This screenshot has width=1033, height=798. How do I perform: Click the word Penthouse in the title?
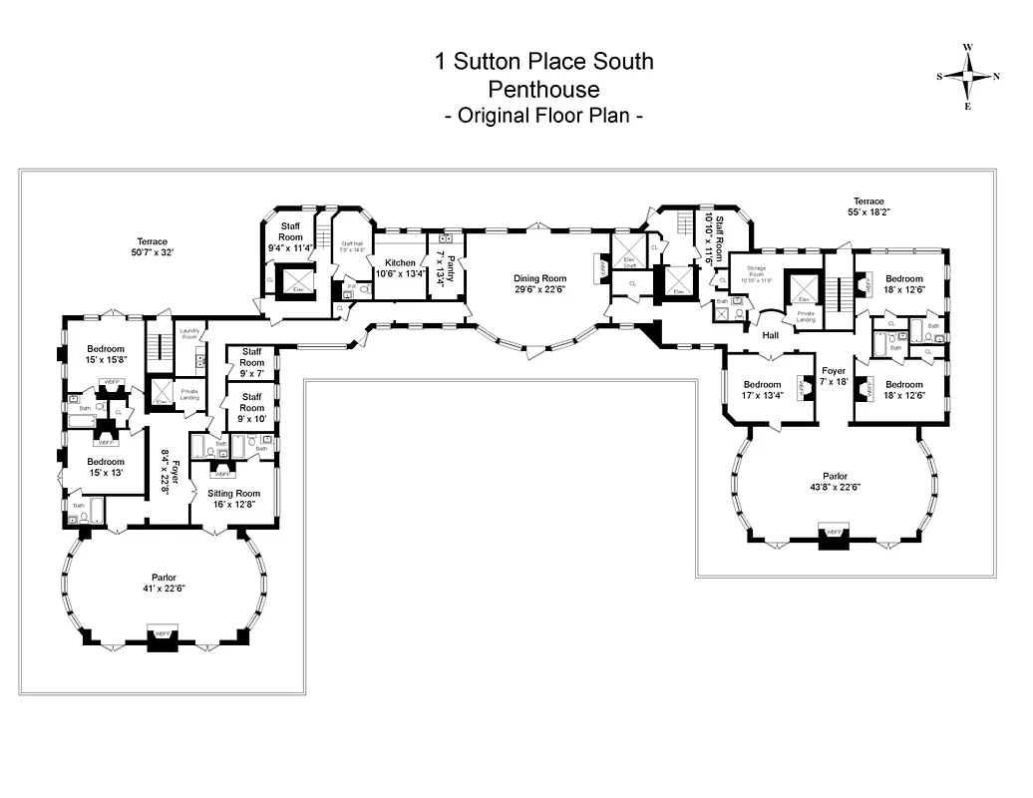point(543,89)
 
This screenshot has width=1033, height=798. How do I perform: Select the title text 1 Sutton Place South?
point(543,62)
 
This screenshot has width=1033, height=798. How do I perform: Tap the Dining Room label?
point(539,284)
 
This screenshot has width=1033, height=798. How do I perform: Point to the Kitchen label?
point(400,268)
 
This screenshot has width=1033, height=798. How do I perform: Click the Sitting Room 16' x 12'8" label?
point(233,499)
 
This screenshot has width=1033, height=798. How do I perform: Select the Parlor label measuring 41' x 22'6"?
point(164,582)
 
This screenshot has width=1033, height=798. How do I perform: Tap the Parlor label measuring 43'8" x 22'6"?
point(835,482)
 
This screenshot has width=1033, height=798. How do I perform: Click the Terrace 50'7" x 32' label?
point(153,247)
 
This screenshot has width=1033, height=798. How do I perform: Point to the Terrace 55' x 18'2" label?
point(868,207)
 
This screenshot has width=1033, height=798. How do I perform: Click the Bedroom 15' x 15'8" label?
point(105,355)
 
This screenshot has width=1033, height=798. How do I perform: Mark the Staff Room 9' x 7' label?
point(251,360)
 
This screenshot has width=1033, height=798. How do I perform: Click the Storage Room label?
point(754,275)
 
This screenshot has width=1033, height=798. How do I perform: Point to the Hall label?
point(770,335)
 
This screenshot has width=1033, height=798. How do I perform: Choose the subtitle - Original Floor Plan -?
point(543,116)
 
